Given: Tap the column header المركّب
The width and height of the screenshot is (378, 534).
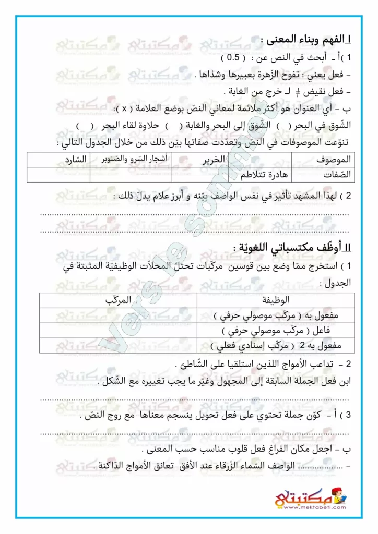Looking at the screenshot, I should [116, 300].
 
